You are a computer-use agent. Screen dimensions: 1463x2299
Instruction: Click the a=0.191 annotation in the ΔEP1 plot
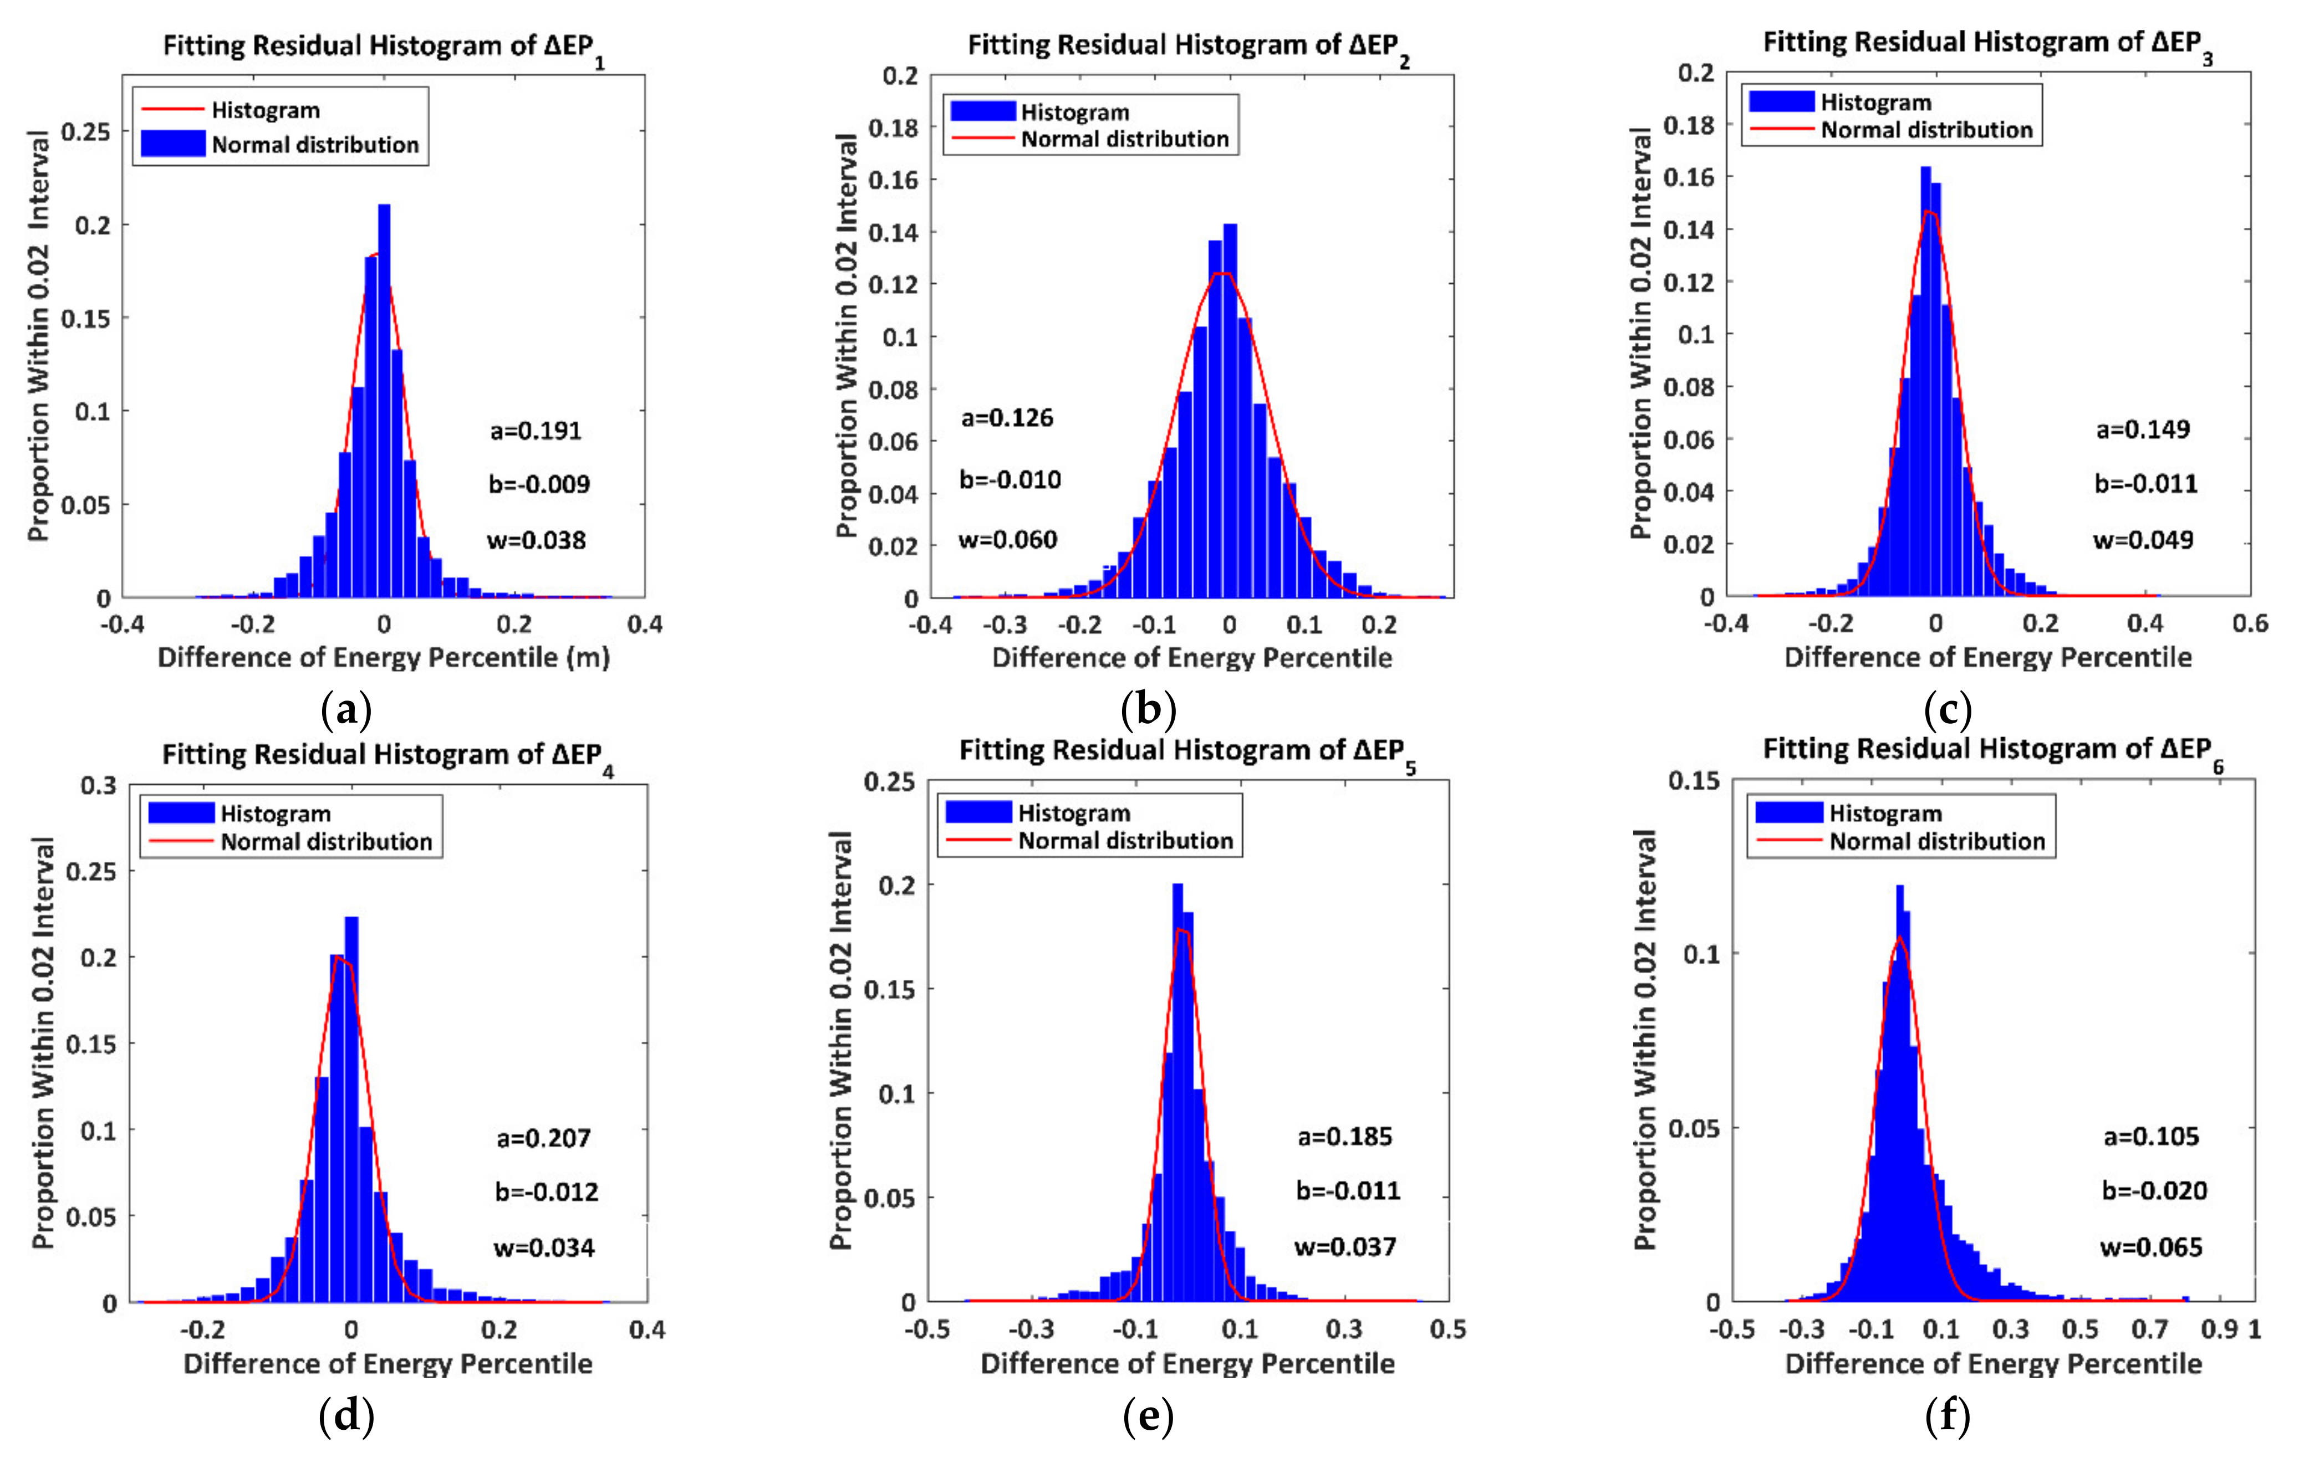pyautogui.click(x=536, y=431)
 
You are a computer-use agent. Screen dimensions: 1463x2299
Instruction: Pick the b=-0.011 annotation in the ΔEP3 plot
pyautogui.click(x=2145, y=484)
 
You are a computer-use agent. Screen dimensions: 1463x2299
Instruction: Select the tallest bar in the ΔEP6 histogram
pyautogui.click(x=1899, y=1088)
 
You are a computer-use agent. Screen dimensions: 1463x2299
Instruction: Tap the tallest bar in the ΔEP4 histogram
pyautogui.click(x=351, y=1107)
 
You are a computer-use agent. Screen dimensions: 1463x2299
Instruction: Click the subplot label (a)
pyautogui.click(x=345, y=711)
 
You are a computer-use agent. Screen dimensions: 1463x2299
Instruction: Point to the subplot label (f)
pyautogui.click(x=1948, y=1417)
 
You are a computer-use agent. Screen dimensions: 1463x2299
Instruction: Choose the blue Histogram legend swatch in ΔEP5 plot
pyautogui.click(x=978, y=812)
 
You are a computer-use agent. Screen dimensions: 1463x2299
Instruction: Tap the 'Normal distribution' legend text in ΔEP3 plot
pyautogui.click(x=1926, y=130)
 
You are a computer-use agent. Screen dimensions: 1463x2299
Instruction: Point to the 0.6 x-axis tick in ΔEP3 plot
pyautogui.click(x=2249, y=623)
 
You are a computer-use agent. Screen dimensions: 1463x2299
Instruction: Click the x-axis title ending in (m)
pyautogui.click(x=383, y=658)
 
